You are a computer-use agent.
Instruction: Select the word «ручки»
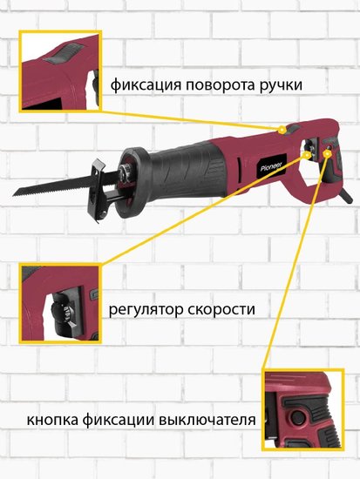click(x=281, y=85)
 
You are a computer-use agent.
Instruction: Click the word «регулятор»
click(x=146, y=310)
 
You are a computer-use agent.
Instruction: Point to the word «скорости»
click(x=221, y=309)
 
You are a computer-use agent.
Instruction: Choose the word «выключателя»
click(x=207, y=420)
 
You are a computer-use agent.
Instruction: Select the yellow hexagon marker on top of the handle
click(x=282, y=129)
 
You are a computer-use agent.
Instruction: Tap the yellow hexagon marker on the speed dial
click(x=306, y=154)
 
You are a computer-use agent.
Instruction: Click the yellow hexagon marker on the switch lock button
click(x=327, y=153)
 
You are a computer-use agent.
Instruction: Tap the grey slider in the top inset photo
click(x=65, y=53)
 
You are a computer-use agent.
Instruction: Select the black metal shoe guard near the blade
click(x=98, y=191)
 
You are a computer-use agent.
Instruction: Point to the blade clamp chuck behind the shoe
click(x=125, y=173)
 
